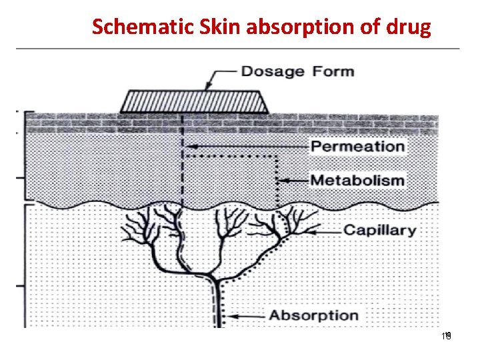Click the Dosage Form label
297,71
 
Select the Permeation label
358,147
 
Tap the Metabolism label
358,180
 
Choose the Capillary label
379,231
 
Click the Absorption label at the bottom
313,315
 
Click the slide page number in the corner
447,337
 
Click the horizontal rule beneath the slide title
237,49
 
